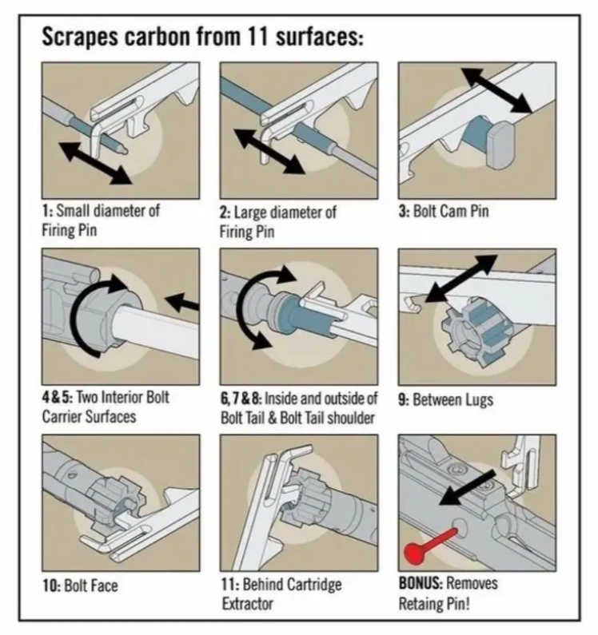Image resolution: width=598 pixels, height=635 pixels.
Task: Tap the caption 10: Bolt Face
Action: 79,585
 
